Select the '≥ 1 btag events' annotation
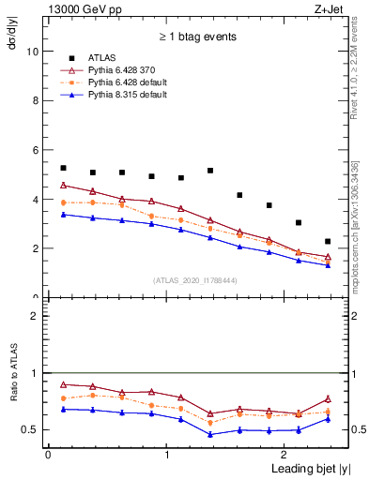pos(196,37)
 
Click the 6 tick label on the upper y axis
pos(36,150)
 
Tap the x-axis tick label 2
pos(285,455)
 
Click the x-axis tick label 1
pos(166,455)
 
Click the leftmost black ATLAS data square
pos(63,142)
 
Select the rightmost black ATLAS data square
pos(328,241)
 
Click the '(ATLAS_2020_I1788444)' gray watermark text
pos(195,279)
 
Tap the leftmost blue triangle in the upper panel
pos(63,215)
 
